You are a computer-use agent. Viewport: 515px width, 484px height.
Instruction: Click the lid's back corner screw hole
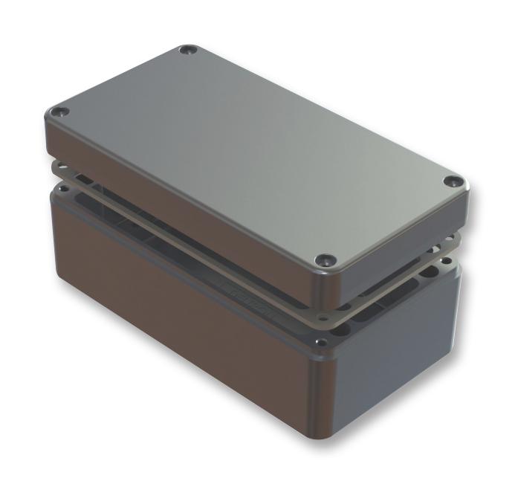point(187,51)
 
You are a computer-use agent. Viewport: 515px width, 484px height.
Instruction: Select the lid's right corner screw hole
point(453,181)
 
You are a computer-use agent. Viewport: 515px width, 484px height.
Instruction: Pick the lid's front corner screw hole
point(322,259)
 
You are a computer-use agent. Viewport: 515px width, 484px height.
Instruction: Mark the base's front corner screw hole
point(320,343)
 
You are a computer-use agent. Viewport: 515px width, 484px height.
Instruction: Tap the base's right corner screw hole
point(446,262)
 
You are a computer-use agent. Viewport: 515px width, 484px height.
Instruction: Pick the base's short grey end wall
point(401,342)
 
